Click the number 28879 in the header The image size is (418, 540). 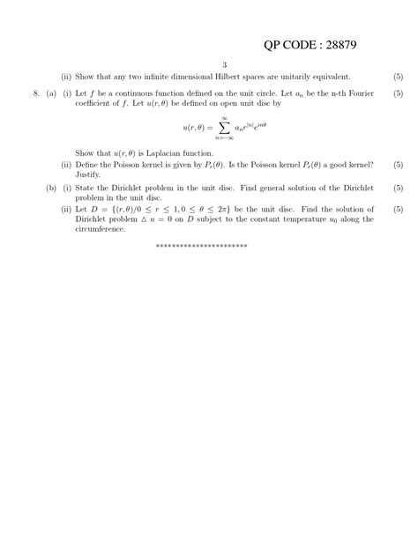(334, 44)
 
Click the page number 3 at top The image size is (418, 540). (225, 65)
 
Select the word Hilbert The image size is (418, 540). (228, 77)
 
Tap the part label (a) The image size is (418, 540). (51, 92)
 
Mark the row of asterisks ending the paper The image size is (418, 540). (200, 246)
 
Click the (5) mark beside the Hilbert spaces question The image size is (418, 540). (398, 77)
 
